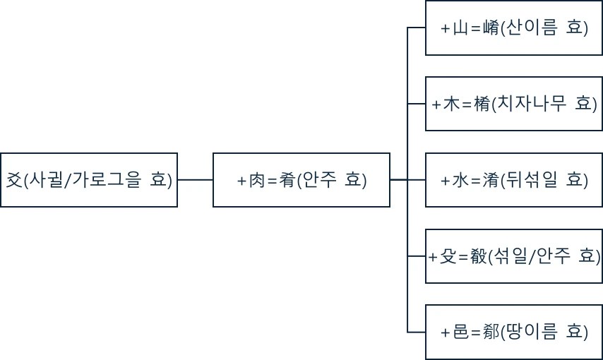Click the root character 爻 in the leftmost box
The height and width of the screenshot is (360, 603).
pos(14,180)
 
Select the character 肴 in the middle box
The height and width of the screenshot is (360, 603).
pos(287,180)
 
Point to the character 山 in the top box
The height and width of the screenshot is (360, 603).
pos(461,28)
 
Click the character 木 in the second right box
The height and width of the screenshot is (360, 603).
pos(451,104)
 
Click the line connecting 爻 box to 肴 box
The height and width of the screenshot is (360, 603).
pos(195,180)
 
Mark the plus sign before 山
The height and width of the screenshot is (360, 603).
pos(445,29)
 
